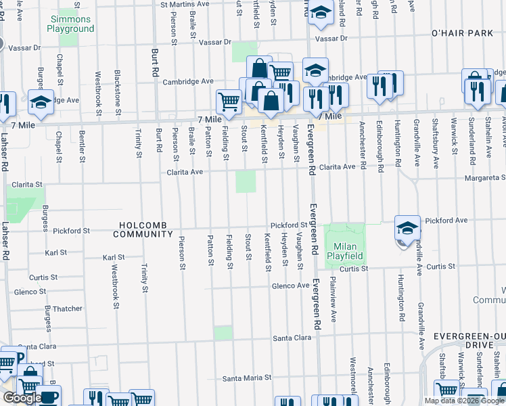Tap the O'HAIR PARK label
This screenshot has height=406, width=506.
pyautogui.click(x=463, y=33)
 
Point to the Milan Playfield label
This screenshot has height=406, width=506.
pyautogui.click(x=345, y=251)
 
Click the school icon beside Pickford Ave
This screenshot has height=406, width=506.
pyautogui.click(x=407, y=229)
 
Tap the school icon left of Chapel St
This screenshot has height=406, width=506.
pyautogui.click(x=41, y=101)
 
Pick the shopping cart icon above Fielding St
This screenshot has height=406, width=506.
pyautogui.click(x=229, y=101)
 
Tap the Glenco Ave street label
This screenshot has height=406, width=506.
pyautogui.click(x=290, y=286)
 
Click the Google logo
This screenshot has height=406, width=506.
pyautogui.click(x=22, y=399)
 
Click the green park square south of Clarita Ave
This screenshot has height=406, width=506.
pyautogui.click(x=246, y=181)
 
